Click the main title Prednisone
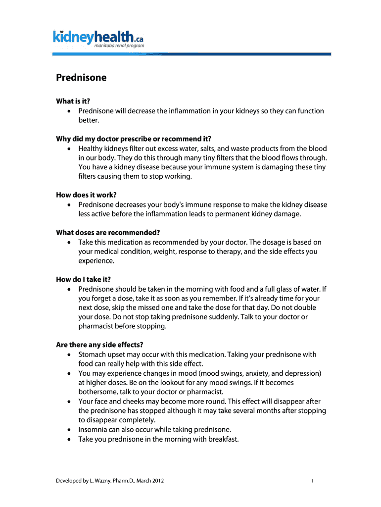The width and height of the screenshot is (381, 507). point(81,78)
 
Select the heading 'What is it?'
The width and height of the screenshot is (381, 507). point(73,101)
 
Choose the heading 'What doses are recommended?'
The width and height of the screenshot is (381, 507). point(108,233)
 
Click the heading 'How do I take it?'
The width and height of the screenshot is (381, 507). point(87,279)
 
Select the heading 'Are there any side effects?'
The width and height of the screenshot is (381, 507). point(103,345)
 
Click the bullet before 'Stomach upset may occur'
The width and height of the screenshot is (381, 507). point(68,355)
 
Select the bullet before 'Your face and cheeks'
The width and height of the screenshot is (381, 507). point(68,402)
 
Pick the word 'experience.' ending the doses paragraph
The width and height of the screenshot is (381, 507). point(96,260)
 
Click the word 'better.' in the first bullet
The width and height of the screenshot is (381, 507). point(89,120)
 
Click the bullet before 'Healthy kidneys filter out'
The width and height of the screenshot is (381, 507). point(68,149)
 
